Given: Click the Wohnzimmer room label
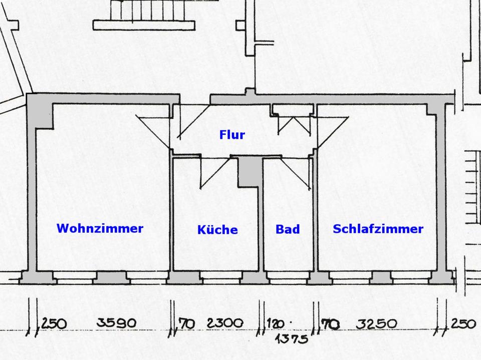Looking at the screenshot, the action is (x=100, y=228).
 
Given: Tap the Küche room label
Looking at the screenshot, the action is (x=217, y=230).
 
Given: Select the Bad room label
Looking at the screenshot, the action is (x=288, y=229).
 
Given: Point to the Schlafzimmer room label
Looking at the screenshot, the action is (x=378, y=229).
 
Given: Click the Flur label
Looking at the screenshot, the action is (x=232, y=135).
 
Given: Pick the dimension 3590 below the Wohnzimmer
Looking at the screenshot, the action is (x=116, y=323).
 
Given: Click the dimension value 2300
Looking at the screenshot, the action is (x=224, y=323).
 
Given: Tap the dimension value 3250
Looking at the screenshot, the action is (x=377, y=323).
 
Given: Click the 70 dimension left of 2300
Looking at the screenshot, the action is (x=186, y=324).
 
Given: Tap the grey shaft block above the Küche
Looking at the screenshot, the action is (x=250, y=171).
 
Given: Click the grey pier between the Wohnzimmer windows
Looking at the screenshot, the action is (x=111, y=276).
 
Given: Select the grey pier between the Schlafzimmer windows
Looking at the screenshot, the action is (x=381, y=276).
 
